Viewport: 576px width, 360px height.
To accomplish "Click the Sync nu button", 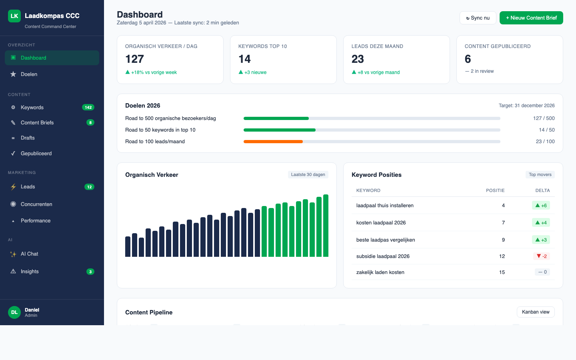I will pos(478,18).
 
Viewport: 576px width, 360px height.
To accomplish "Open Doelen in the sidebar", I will pos(29,74).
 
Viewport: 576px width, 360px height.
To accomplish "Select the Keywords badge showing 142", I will pos(88,107).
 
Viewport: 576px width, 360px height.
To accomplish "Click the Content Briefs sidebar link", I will pos(37,123).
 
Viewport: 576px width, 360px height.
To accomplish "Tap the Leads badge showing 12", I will pos(89,187).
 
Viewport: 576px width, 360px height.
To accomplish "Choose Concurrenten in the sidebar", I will pos(36,204).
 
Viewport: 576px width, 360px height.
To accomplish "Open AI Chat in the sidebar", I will pos(30,254).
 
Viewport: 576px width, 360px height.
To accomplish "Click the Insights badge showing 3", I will pos(90,272).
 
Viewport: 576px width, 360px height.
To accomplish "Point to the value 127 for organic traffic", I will pos(134,59).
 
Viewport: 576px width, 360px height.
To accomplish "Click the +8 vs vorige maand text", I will pos(378,72).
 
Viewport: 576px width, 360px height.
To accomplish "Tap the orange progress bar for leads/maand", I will pos(273,142).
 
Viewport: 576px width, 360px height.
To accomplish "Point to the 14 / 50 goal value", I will pos(546,130).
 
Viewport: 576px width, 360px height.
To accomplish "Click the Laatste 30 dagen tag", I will pos(308,174).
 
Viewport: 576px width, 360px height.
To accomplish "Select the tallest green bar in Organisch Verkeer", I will pos(326,226).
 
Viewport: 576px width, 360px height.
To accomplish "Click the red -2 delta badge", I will pos(542,256).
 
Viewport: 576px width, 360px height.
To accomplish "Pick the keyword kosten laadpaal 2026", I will pos(381,223).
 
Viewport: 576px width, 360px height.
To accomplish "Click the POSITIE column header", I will pos(495,190).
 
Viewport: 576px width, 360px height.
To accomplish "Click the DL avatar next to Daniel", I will pos(14,312).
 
